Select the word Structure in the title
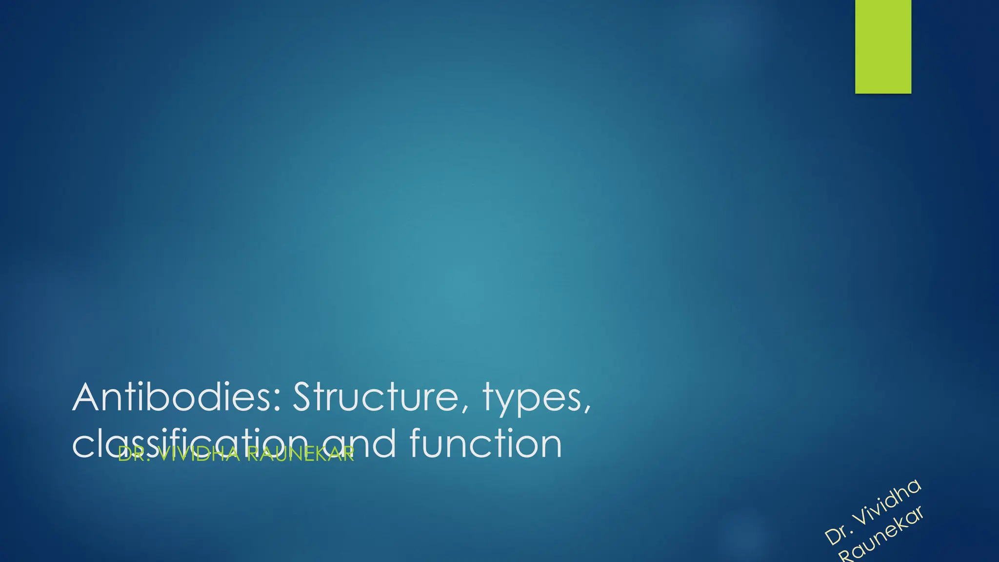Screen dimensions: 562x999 (x=374, y=397)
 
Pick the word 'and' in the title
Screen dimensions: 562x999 (x=367, y=444)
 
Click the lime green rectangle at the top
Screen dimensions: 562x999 (x=883, y=46)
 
